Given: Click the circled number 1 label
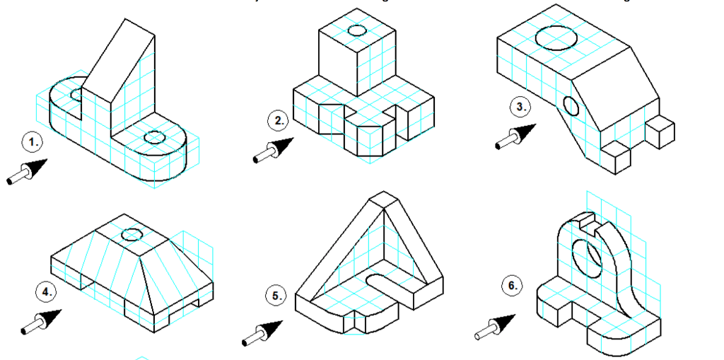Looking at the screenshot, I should [32, 142].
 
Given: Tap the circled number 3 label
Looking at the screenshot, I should [520, 108].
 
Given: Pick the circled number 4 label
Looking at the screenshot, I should [46, 291].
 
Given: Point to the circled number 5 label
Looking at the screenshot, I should [276, 296].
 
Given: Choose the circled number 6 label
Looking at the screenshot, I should [513, 286].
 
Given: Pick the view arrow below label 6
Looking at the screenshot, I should [498, 325].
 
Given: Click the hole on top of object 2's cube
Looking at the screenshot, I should [356, 31].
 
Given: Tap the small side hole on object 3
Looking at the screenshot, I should [571, 106].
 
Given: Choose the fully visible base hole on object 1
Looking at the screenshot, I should [154, 137].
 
